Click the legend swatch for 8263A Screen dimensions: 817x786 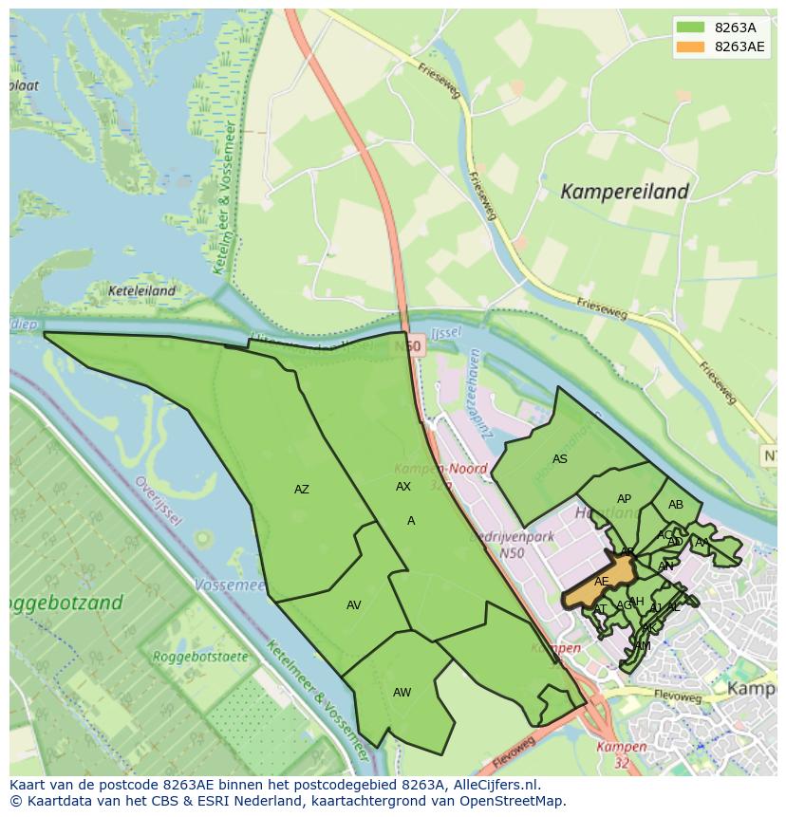[691, 28]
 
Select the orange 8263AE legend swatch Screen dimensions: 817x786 [691, 46]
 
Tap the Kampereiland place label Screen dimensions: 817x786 [624, 192]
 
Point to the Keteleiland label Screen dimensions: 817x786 [141, 291]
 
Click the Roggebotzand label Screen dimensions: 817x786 [65, 603]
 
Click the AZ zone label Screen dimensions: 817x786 [301, 490]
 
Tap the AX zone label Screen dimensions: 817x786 [403, 487]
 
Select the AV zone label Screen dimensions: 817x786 [353, 605]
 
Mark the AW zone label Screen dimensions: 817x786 [402, 693]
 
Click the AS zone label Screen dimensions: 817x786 [559, 459]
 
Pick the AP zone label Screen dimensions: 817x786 [624, 499]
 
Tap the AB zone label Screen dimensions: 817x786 [675, 505]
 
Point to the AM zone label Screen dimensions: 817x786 [644, 646]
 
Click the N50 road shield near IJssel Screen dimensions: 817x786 [410, 347]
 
